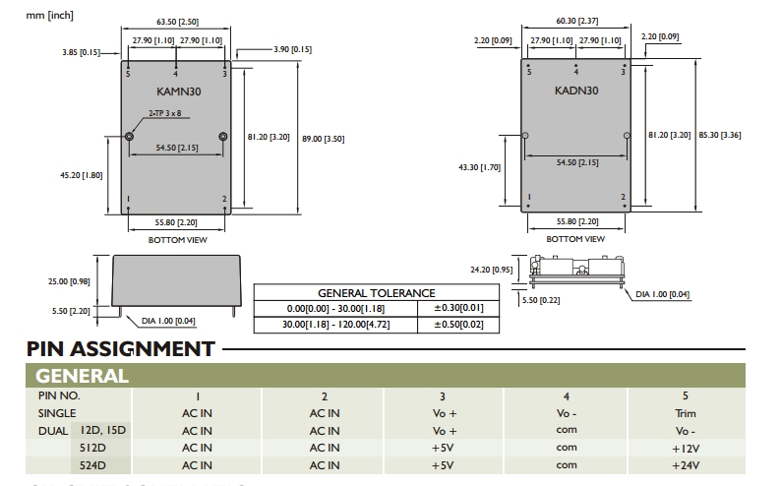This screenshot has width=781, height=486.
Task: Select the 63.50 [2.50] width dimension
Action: pyautogui.click(x=177, y=21)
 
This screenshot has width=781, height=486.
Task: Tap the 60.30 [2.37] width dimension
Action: pyautogui.click(x=575, y=21)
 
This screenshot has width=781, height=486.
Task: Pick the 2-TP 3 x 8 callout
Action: pyautogui.click(x=164, y=115)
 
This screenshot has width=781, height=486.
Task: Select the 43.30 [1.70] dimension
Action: pyautogui.click(x=480, y=167)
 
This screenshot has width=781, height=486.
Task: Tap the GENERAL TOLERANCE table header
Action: pyautogui.click(x=376, y=293)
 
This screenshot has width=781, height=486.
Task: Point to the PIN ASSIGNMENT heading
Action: pyautogui.click(x=121, y=349)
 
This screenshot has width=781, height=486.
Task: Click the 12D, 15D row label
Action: pyautogui.click(x=101, y=430)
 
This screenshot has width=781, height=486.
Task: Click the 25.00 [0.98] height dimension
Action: pyautogui.click(x=69, y=281)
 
